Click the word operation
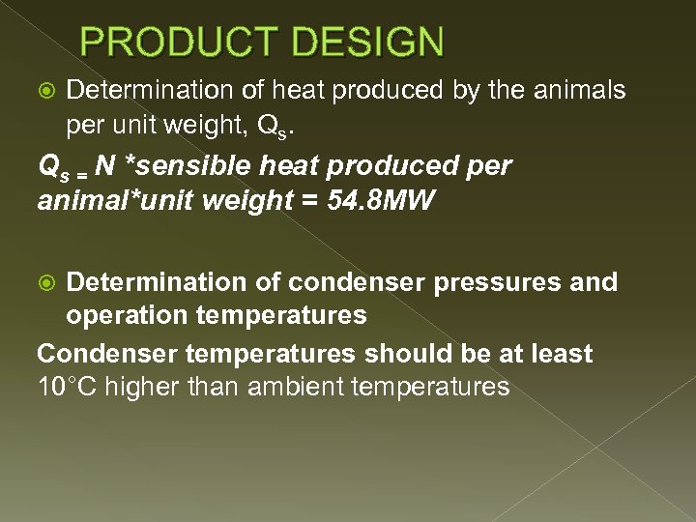pos(124,315)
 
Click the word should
pos(391,354)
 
